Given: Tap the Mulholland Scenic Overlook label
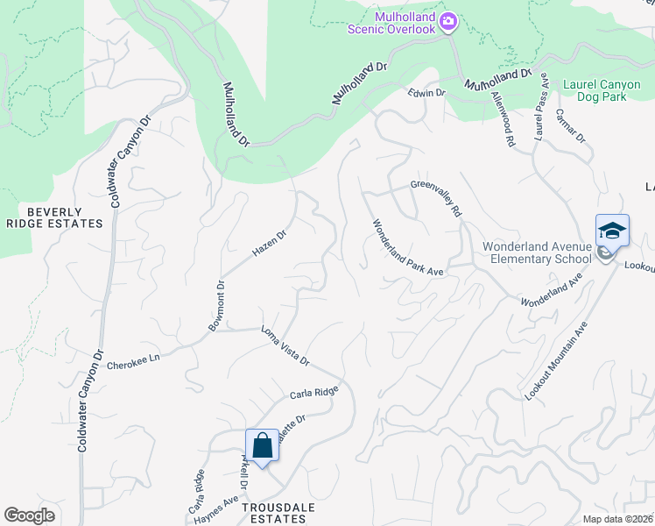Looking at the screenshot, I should pos(391,23).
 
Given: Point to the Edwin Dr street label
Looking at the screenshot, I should pos(426,92).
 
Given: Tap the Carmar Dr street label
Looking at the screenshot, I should pos(570,125).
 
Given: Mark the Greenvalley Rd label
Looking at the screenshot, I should pos(435,198).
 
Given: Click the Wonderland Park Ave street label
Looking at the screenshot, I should pos(408,247).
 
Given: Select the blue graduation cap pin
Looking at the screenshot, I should pos(612,231).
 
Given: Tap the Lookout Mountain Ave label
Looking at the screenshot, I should pos(556,361).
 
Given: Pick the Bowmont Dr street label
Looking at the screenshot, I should pos(215,305).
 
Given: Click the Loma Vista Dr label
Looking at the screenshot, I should pos(285,345).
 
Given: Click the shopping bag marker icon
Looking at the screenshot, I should pos(262,445).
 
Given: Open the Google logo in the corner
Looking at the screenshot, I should pos(29,515).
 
